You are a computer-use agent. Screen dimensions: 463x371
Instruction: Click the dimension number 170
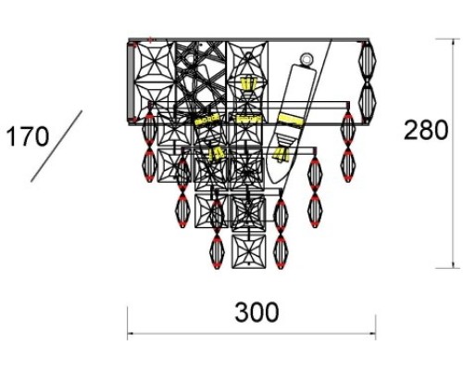tap(28, 136)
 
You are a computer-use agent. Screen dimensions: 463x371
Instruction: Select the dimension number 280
tap(426, 130)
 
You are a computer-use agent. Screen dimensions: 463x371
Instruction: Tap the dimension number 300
tap(257, 313)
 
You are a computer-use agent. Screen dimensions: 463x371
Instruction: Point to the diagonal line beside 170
tap(56, 146)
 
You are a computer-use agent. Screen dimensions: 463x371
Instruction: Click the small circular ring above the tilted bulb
tap(307, 58)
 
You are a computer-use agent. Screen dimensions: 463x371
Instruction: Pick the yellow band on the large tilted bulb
tap(291, 120)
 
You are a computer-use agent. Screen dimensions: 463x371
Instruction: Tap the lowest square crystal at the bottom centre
tap(248, 251)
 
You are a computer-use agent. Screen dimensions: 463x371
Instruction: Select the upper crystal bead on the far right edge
tap(367, 61)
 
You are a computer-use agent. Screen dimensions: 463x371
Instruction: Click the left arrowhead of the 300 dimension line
tap(131, 334)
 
